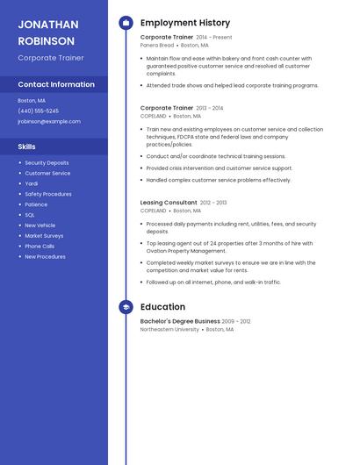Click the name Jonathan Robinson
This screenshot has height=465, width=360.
pos(47,32)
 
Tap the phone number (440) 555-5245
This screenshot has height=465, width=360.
pos(38,111)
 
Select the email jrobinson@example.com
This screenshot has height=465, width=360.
pos(48,122)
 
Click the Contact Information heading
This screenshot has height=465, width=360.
pos(56,84)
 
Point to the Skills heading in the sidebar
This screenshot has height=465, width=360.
pos(26,147)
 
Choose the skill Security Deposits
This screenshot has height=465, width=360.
pos(47,162)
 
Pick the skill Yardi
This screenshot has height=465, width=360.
pos(31,183)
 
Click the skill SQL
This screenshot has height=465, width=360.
pos(30,215)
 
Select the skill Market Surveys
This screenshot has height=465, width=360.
pos(44,236)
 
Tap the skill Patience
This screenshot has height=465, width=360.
pos(36,204)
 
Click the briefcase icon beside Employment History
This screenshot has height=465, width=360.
pos(126,23)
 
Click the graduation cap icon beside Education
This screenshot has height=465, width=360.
pos(126,307)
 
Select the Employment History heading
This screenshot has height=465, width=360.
pos(185,23)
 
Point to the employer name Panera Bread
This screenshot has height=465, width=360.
pos(156,45)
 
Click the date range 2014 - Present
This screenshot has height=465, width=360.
pos(214,38)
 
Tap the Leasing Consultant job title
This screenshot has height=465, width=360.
pos(169,203)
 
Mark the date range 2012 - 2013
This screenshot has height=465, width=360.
pos(213,203)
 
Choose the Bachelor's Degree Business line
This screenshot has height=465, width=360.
pos(180,321)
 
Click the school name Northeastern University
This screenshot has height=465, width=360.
pos(169,329)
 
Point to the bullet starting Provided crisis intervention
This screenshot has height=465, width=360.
pos(220,168)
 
